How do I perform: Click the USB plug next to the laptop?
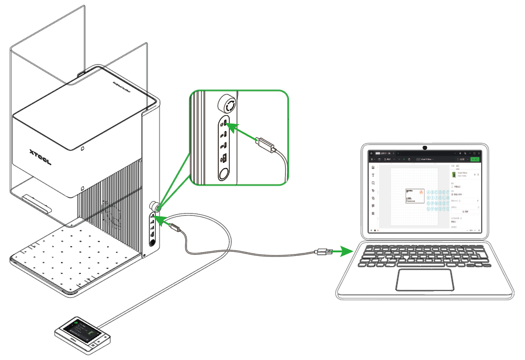(x=323, y=251)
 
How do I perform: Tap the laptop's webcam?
(x=425, y=148)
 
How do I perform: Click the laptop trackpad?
(x=425, y=280)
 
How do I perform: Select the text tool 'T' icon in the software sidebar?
(x=373, y=176)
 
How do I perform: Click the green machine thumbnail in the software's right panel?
(x=454, y=174)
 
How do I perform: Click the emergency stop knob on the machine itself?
(x=154, y=206)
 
